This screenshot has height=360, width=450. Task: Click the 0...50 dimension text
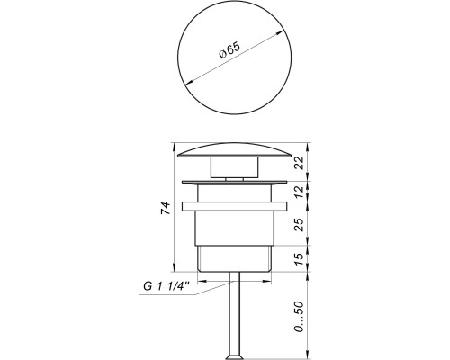(x=301, y=314)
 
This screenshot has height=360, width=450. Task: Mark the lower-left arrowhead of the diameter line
(x=184, y=82)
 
